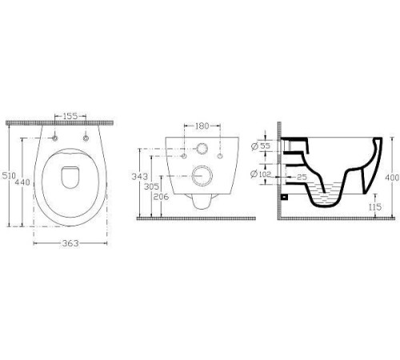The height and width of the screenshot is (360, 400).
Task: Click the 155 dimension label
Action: coord(70,116)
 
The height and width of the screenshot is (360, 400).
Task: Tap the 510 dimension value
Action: coord(9,176)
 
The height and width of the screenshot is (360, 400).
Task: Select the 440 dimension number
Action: coord(22,182)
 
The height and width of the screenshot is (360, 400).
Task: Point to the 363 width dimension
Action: coord(70,243)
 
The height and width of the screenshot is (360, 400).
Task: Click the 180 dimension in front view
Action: coord(202,126)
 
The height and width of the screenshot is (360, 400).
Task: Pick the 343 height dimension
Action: coord(139,177)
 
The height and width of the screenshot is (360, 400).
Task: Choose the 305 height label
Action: coord(151,186)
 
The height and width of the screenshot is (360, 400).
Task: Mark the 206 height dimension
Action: coord(161,197)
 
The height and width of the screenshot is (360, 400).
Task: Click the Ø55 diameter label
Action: coord(261,146)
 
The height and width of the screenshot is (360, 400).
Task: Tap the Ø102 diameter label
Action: coord(261,174)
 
